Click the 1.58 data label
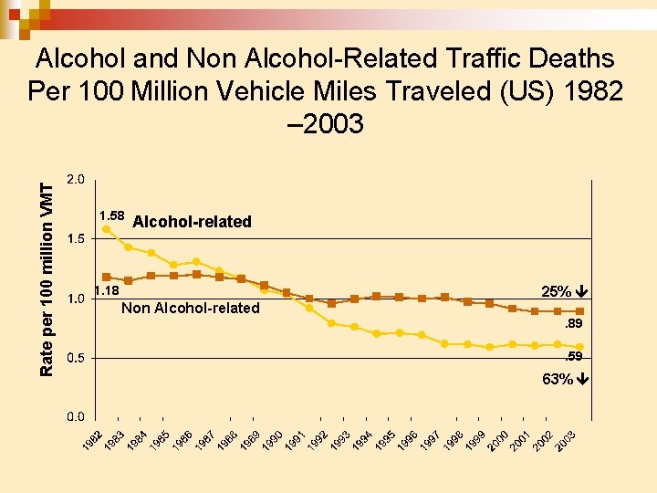(x=111, y=215)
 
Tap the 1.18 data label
(x=107, y=291)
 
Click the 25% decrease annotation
(x=563, y=292)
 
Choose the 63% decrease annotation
(x=563, y=379)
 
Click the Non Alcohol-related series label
(x=190, y=309)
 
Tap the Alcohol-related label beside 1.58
(x=192, y=222)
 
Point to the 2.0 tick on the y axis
(x=77, y=180)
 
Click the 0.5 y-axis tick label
(x=77, y=358)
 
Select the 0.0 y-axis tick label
(x=77, y=417)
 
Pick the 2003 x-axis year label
(x=567, y=438)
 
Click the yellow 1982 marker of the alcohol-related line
(x=107, y=229)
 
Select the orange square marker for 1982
(x=107, y=277)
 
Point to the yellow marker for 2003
(x=579, y=347)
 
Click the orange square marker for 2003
(x=579, y=311)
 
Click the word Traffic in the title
(x=483, y=59)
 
